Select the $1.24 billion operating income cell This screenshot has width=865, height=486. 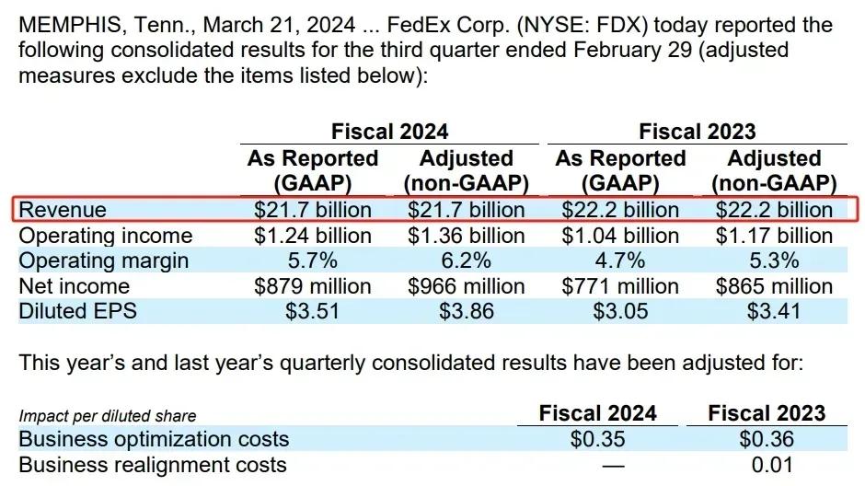[x=313, y=236]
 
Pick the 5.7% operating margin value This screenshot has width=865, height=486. [x=313, y=260]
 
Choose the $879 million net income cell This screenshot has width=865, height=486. [x=313, y=286]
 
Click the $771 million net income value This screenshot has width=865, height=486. [x=620, y=286]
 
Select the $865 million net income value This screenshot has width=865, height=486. [x=774, y=286]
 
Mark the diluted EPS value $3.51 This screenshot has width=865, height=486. [x=313, y=311]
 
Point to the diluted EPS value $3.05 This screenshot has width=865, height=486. [x=620, y=311]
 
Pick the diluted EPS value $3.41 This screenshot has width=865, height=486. [x=774, y=311]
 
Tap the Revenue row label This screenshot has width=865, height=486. [x=63, y=210]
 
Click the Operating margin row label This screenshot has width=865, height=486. [x=103, y=260]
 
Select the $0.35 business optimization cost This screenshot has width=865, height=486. [x=598, y=439]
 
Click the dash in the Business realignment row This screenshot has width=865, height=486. [x=598, y=465]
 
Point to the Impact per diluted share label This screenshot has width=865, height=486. [x=108, y=416]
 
